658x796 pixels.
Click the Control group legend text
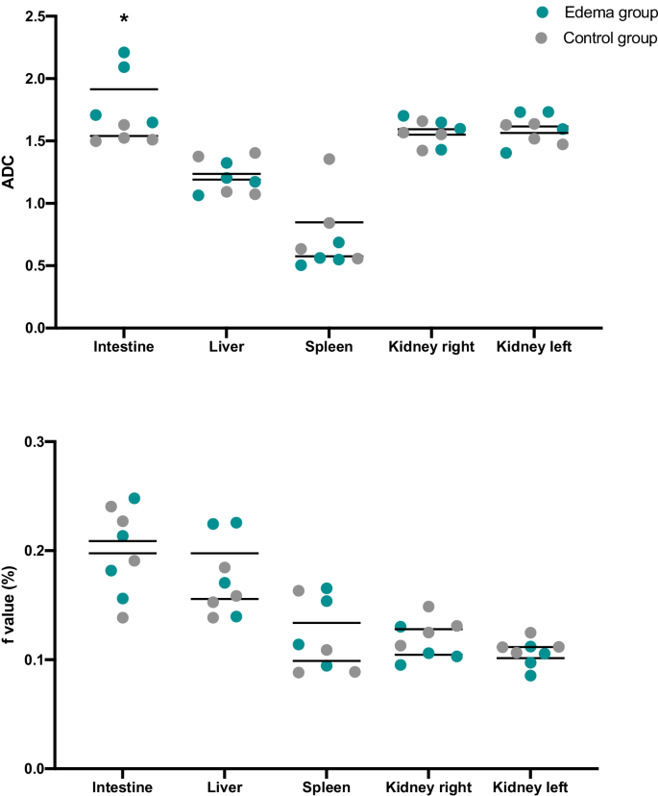tap(609, 38)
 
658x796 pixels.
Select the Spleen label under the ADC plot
tap(329, 347)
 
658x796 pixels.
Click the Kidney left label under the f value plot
tap(529, 787)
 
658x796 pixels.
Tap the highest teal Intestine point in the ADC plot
tap(124, 52)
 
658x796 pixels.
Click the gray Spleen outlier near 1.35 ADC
tap(329, 159)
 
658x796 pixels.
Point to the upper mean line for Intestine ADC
tap(123, 88)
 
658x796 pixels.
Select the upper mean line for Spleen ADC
tap(329, 222)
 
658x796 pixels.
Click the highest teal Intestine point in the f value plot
tap(134, 498)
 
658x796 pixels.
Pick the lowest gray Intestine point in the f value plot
tap(123, 617)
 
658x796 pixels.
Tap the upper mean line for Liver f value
tap(225, 553)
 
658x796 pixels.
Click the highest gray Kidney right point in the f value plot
tap(428, 607)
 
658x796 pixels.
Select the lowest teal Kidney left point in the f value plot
tap(530, 675)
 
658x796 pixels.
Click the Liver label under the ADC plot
tap(226, 347)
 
